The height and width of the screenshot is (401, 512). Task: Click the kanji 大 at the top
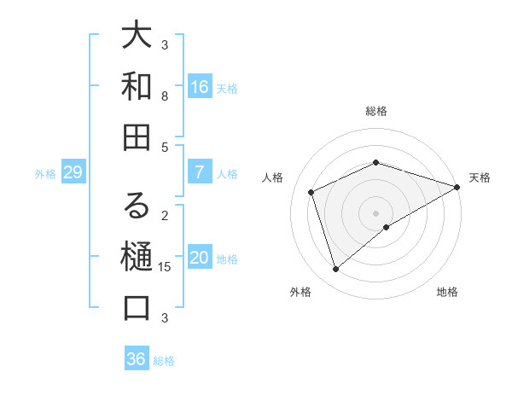pyautogui.click(x=137, y=37)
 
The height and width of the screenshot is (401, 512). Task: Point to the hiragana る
pyautogui.click(x=137, y=207)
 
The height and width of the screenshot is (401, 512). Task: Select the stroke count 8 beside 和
pyautogui.click(x=165, y=96)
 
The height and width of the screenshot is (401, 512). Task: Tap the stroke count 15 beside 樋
pyautogui.click(x=165, y=267)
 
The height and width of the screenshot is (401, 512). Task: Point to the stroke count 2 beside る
pyautogui.click(x=165, y=215)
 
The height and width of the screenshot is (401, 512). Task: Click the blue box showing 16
pyautogui.click(x=199, y=87)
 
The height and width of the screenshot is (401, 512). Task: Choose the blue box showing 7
pyautogui.click(x=199, y=172)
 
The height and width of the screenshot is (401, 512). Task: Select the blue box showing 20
pyautogui.click(x=199, y=258)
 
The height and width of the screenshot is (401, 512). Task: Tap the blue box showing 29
pyautogui.click(x=73, y=173)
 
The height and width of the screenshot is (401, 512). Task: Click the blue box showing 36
pyautogui.click(x=136, y=359)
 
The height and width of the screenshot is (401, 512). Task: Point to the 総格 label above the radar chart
pyautogui.click(x=376, y=111)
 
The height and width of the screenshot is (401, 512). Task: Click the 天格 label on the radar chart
pyautogui.click(x=480, y=177)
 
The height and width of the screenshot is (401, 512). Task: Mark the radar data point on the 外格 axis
pyautogui.click(x=335, y=270)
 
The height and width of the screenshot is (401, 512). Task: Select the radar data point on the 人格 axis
pyautogui.click(x=311, y=192)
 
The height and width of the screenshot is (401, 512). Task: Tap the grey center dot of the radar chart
pyautogui.click(x=376, y=212)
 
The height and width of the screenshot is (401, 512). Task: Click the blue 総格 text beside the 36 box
pyautogui.click(x=164, y=361)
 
